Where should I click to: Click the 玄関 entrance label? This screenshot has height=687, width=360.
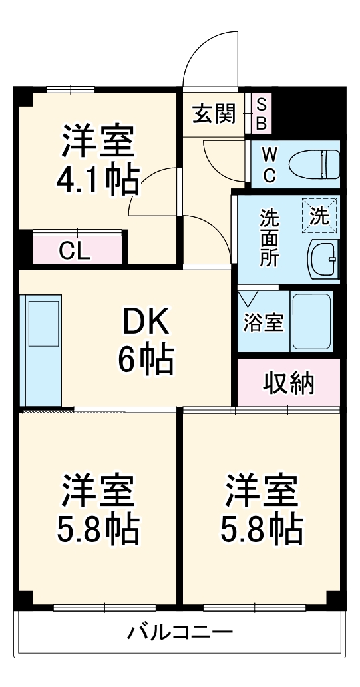pos(214,114)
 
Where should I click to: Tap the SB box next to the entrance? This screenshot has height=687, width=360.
pos(261,114)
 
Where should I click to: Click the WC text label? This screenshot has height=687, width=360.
pos(269,164)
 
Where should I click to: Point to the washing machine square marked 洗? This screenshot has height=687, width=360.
pos(320,216)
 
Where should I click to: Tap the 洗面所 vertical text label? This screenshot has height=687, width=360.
pos(269,238)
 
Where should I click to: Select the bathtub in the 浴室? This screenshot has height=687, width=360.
pos(311,322)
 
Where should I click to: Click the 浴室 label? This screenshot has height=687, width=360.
pos(262,323)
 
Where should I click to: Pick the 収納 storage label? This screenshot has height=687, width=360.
pos(289,383)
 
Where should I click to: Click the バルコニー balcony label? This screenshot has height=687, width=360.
pos(180,631)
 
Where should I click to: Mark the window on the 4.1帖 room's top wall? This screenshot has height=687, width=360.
pos(71,89)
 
